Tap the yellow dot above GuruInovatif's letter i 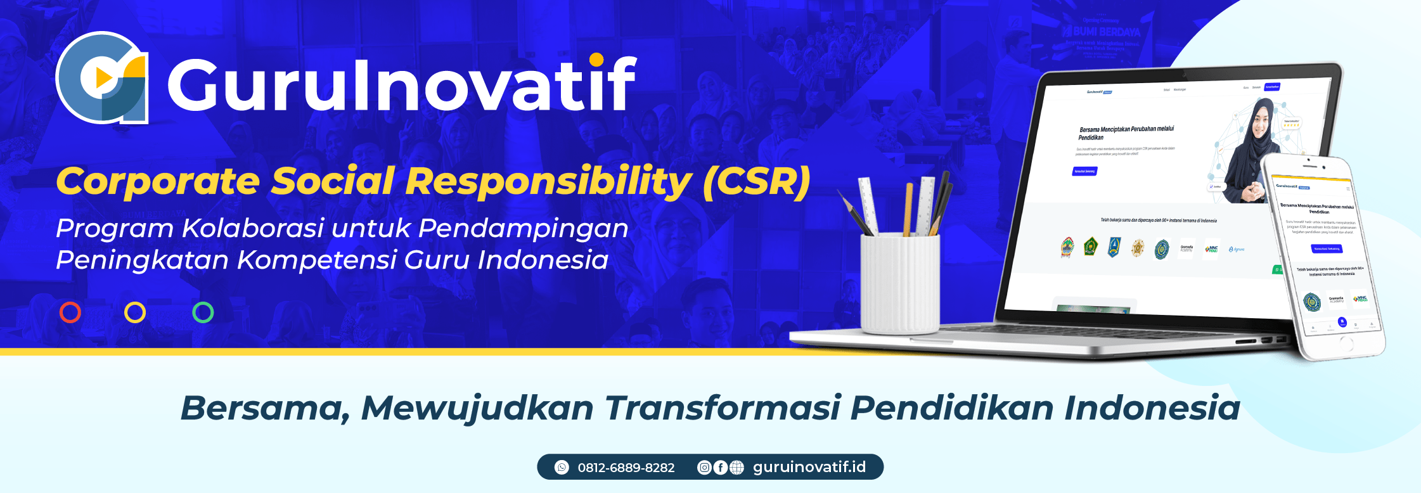click(x=596, y=60)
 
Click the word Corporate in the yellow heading click(x=158, y=181)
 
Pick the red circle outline click(x=70, y=312)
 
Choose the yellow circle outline click(x=135, y=312)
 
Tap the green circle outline click(x=203, y=312)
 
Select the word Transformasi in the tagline click(x=723, y=407)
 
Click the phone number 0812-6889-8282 click(x=626, y=468)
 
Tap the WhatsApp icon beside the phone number click(x=562, y=467)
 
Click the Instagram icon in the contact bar click(x=704, y=467)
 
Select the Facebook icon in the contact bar click(x=720, y=467)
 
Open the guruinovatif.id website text click(x=809, y=467)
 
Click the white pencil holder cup click(x=899, y=282)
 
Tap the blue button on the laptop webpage click(x=1084, y=171)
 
